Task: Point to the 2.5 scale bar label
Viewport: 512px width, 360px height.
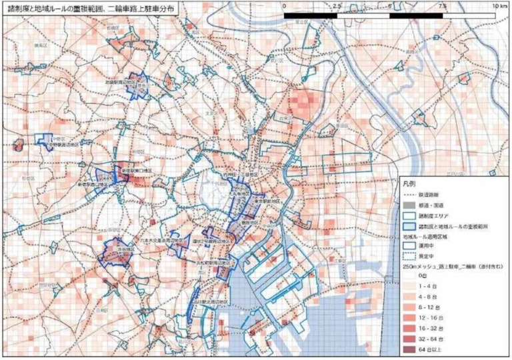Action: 336,5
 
